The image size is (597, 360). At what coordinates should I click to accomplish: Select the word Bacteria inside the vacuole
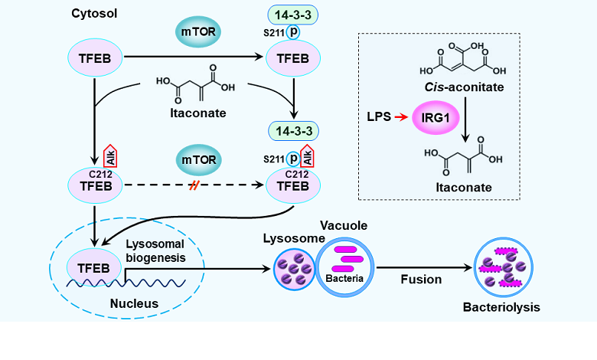(x=345, y=277)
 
